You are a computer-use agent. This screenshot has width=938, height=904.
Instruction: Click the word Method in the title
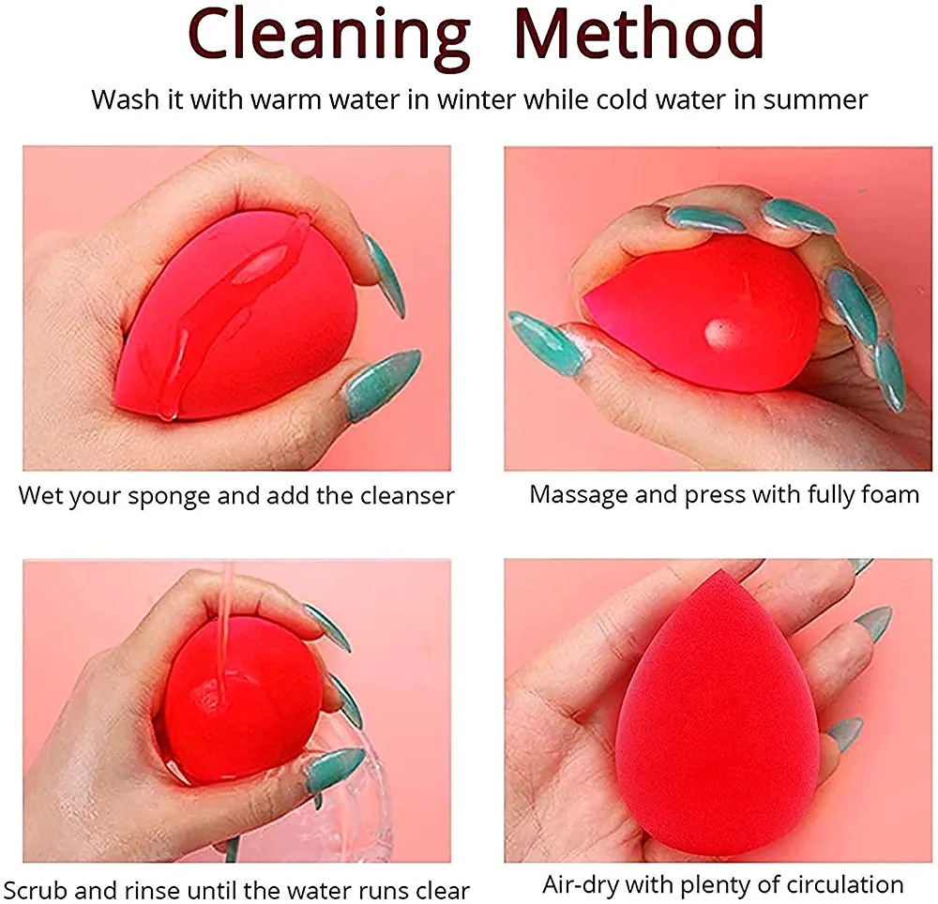(x=639, y=33)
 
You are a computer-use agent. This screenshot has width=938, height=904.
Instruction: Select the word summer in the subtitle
(x=815, y=99)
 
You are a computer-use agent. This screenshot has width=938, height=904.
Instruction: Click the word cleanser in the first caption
(x=407, y=496)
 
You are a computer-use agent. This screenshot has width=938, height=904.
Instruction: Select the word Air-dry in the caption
(x=579, y=884)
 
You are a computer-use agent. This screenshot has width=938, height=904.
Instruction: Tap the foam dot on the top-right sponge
(x=716, y=331)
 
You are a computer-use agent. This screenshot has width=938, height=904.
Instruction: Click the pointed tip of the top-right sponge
(x=586, y=299)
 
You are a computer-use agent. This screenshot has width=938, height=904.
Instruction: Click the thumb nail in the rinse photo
(x=334, y=771)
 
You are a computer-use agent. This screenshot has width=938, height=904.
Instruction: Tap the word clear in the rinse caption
(x=440, y=890)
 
